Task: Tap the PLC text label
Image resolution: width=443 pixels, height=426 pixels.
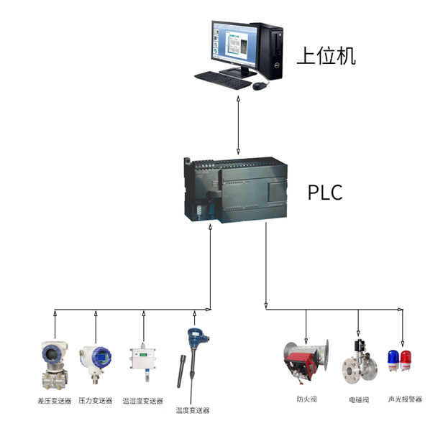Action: click(x=325, y=193)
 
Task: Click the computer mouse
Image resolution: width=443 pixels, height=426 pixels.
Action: click(x=260, y=85)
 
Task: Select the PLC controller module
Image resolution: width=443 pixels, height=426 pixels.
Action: click(x=236, y=189)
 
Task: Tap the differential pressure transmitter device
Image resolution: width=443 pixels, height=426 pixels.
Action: click(x=55, y=365)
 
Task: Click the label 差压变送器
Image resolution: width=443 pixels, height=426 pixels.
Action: click(x=55, y=400)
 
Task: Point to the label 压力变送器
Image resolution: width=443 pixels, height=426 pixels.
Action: click(x=96, y=400)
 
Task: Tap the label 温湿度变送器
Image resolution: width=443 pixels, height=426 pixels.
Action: click(x=142, y=401)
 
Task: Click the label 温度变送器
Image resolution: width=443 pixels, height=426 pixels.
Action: click(x=193, y=410)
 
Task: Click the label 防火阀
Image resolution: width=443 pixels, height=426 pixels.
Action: click(x=306, y=399)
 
